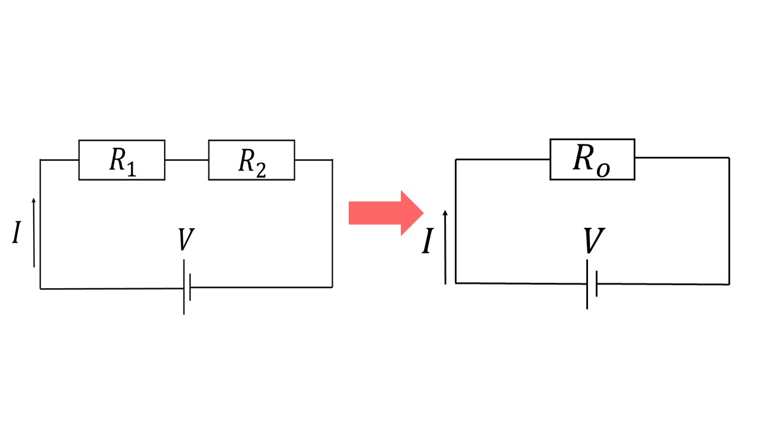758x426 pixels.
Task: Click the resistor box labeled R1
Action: coord(121,160)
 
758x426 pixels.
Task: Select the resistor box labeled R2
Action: coord(251,160)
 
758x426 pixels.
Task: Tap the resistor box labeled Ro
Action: coord(592,159)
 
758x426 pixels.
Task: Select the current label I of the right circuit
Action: coord(426,243)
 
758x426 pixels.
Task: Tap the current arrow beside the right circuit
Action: coord(445,246)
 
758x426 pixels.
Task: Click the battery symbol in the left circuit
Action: coord(187,288)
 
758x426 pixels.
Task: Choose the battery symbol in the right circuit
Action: coord(592,284)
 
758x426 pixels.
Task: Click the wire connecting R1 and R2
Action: coord(187,160)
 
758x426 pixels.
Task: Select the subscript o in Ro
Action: coord(603,169)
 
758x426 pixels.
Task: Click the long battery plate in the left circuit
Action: coord(184,288)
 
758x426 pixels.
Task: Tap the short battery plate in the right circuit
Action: coord(596,284)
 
